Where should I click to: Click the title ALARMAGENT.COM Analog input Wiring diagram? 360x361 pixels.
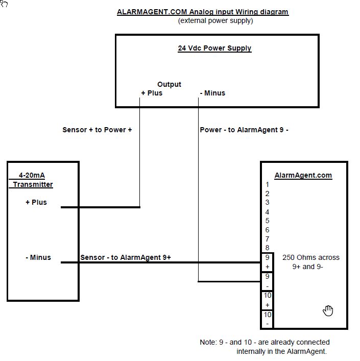click(x=203, y=12)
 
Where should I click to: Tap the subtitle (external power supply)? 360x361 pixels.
click(x=215, y=21)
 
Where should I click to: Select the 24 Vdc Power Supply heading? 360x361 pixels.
click(x=214, y=48)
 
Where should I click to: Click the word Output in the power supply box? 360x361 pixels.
click(x=169, y=84)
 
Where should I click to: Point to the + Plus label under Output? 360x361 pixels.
click(x=152, y=93)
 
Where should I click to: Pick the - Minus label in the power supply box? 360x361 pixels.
click(x=212, y=93)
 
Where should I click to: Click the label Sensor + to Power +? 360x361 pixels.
click(x=97, y=130)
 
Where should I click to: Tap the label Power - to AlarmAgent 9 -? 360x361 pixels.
click(x=244, y=130)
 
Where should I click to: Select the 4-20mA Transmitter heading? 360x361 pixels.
click(x=32, y=180)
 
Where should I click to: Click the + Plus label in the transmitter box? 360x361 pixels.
click(x=36, y=202)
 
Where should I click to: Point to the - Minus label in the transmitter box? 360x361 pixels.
click(x=38, y=257)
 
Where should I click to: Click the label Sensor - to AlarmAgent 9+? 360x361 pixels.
click(x=126, y=257)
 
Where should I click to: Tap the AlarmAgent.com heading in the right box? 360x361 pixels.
click(x=303, y=176)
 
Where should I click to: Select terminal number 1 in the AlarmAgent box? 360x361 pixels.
click(x=267, y=184)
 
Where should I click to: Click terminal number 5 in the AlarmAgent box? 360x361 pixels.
click(x=267, y=221)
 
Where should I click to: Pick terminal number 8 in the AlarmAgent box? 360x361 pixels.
click(x=267, y=248)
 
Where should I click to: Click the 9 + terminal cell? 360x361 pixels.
click(x=267, y=262)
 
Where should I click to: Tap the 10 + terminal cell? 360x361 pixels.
click(x=267, y=301)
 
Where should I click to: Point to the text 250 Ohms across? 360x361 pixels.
click(x=311, y=257)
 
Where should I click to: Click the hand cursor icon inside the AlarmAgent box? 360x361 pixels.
click(x=328, y=311)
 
